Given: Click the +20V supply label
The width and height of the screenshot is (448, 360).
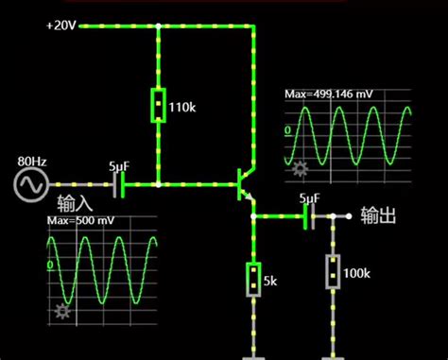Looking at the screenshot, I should (x=60, y=26).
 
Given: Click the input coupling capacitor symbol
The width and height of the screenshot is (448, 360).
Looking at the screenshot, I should (x=120, y=183).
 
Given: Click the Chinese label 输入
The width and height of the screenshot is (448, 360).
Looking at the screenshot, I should (x=75, y=203).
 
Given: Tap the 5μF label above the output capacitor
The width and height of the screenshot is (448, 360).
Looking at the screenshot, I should (x=309, y=197).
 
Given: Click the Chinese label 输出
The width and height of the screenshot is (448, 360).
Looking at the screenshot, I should (x=377, y=215).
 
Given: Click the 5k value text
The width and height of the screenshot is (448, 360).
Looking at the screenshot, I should (x=270, y=282).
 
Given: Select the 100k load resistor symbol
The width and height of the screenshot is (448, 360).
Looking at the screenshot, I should (x=333, y=271).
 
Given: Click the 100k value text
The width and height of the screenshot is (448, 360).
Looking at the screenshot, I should (x=357, y=273).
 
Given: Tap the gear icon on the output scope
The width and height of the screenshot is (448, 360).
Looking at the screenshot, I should (x=301, y=170).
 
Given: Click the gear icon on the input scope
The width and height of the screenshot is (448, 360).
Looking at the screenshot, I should (x=64, y=311).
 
